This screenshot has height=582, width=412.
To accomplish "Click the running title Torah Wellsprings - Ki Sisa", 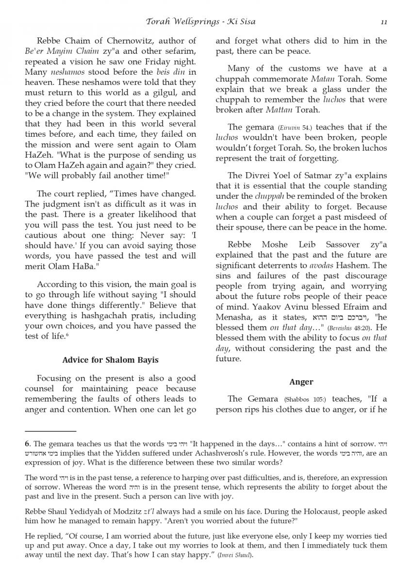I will (200, 22).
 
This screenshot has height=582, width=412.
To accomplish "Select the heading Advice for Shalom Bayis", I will (110, 360).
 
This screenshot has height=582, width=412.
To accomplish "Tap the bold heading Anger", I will (301, 382).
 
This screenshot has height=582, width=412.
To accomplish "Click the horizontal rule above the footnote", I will (50, 431).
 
